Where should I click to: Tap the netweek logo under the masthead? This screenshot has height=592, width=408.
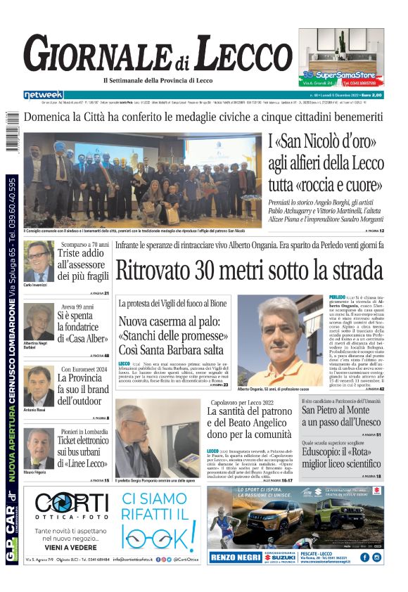click(x=43, y=94)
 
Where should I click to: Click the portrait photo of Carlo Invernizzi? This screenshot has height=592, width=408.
click(x=39, y=262)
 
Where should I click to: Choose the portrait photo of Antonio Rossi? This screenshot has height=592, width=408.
click(x=39, y=386)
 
